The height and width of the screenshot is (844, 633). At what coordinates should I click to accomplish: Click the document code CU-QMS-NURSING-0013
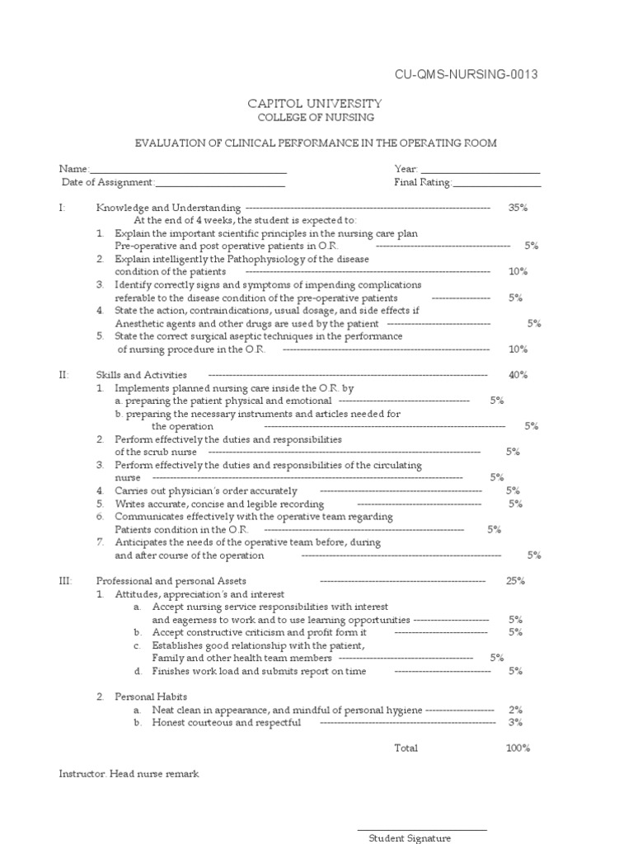[467, 75]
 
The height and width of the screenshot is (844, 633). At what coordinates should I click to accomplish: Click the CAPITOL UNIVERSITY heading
[316, 103]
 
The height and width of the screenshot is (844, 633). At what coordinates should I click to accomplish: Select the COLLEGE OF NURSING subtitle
[316, 118]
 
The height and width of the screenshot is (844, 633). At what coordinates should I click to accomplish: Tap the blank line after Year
[481, 169]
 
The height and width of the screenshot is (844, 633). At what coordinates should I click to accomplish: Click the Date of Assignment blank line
[220, 182]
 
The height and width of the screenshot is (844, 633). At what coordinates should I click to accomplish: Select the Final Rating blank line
[497, 182]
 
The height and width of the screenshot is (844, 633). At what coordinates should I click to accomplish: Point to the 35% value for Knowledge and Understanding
[518, 208]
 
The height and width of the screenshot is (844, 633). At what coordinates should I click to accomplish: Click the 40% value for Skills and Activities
[518, 375]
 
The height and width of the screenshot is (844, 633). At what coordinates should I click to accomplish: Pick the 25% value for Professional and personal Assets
[516, 581]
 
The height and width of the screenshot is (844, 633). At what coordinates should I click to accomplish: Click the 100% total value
[518, 748]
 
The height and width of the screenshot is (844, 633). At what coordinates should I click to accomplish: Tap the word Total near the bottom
[406, 748]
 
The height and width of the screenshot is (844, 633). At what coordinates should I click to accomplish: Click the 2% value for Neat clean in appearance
[516, 710]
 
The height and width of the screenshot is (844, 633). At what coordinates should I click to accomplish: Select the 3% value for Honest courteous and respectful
[516, 723]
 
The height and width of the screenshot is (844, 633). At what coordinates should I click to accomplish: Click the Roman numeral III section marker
[65, 581]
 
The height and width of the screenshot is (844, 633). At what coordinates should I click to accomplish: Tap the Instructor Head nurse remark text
[129, 774]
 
